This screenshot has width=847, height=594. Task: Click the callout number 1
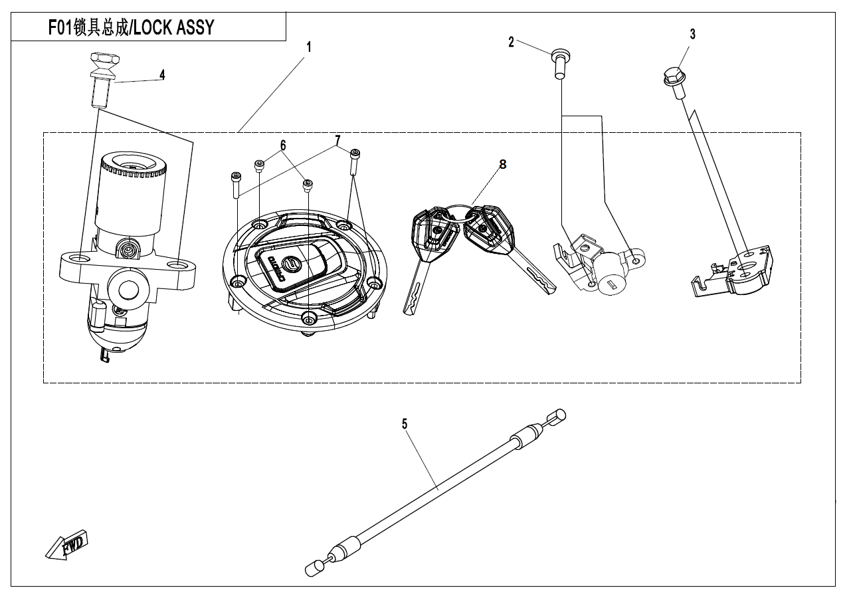pos(308,48)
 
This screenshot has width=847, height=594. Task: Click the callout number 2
pos(511,43)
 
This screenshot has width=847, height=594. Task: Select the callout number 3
pos(692,35)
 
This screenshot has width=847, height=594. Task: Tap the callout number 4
pos(162,74)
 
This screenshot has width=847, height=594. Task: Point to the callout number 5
pos(404,424)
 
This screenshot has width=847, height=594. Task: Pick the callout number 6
pos(283,145)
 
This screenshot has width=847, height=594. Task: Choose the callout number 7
pos(337,140)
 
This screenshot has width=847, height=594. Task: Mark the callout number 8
pos(503,165)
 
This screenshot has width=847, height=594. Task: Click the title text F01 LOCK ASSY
pos(131,27)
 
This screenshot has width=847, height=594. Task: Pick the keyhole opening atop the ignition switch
pos(132,163)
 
